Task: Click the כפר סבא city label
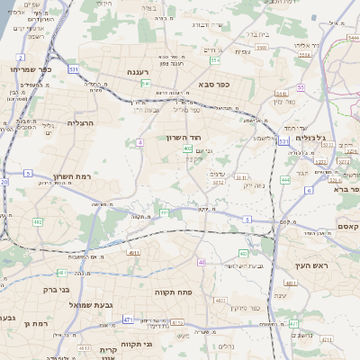(x=215, y=85)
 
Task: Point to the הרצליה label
(x=80, y=121)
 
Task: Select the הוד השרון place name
(x=181, y=138)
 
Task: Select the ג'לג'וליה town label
(x=320, y=137)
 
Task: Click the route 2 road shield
(x=20, y=57)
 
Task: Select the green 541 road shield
(x=146, y=83)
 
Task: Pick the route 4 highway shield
(x=140, y=142)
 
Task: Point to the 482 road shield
(x=38, y=221)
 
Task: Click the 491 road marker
(x=164, y=212)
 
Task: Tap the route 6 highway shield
(x=308, y=191)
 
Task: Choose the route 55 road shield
(x=301, y=87)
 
